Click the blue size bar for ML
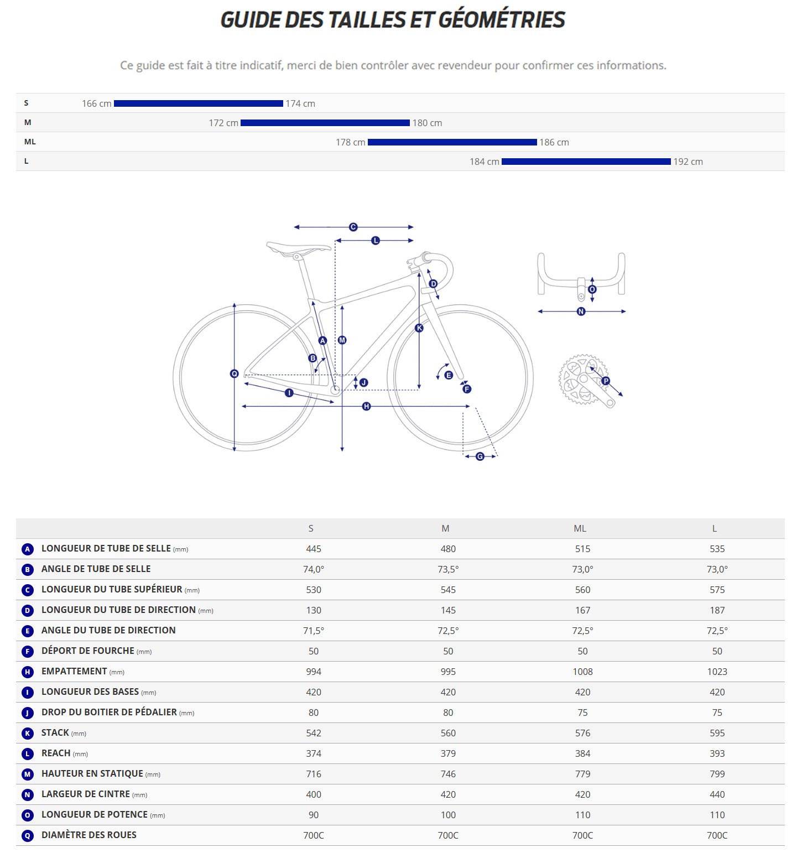[452, 142]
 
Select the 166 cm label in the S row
[96, 104]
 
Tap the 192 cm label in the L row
[688, 162]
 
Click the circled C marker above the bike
[353, 227]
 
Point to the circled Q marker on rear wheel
[234, 374]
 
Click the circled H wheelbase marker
[366, 407]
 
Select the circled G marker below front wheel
[480, 456]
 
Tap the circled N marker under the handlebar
[581, 311]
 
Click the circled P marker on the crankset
[606, 381]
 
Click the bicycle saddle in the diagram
[296, 248]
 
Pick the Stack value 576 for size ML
[582, 734]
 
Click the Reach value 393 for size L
[717, 754]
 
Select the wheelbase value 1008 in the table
[582, 672]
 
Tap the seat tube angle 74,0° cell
[314, 570]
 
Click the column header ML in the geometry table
[580, 529]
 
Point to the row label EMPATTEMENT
[74, 672]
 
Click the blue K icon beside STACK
[28, 734]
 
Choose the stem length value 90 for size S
[314, 815]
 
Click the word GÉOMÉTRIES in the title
[502, 20]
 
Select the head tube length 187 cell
[717, 611]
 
